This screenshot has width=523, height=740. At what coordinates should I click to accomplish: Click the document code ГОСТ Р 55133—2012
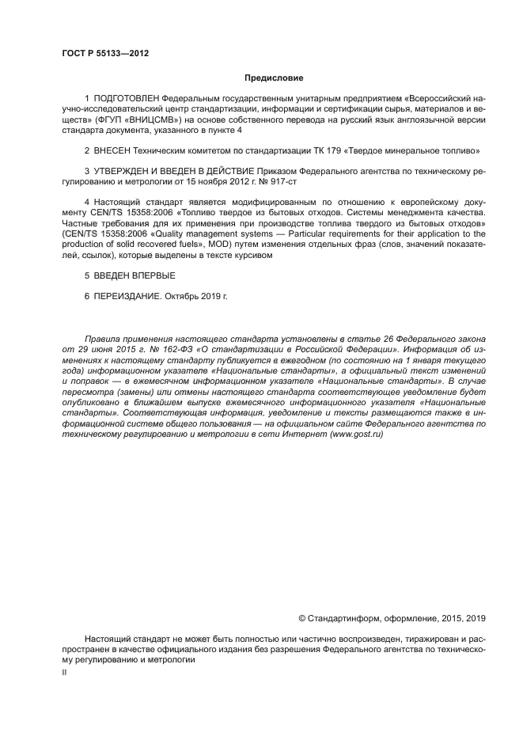point(105,53)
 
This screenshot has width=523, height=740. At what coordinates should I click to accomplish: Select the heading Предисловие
point(271,78)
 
